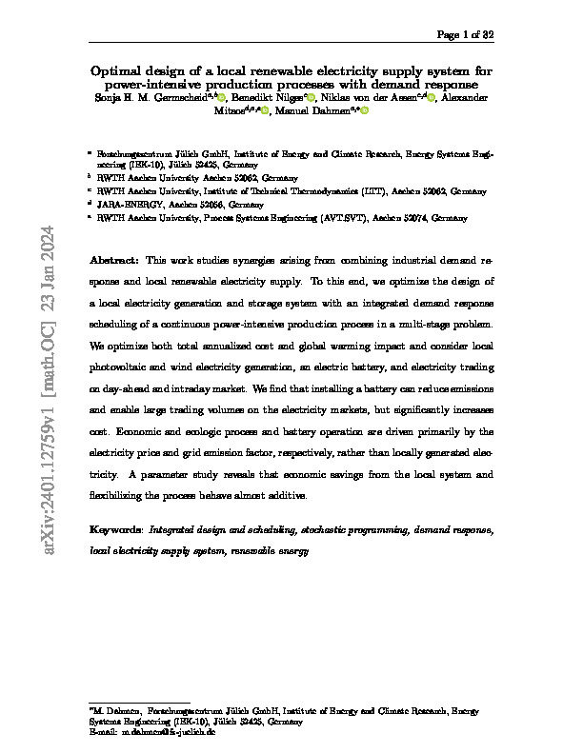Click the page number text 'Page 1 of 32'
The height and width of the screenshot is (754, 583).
coord(465,35)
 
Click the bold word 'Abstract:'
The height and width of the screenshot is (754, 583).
coord(115,260)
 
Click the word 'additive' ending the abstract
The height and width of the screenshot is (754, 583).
coord(287,496)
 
